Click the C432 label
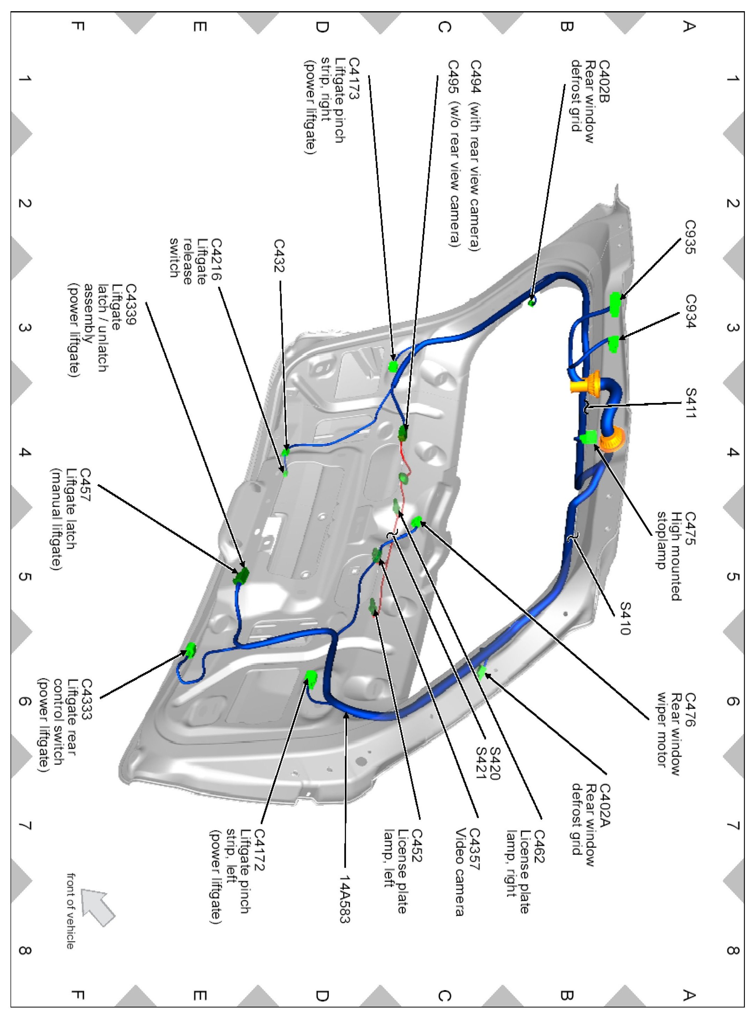(x=279, y=255)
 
